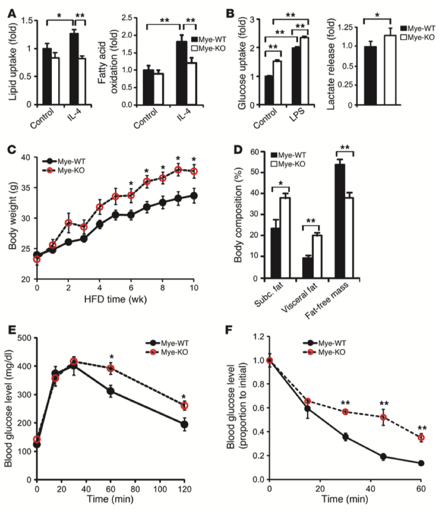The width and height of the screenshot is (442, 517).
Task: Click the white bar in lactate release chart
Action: (x=390, y=70)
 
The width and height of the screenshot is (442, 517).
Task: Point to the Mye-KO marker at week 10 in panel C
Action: (x=195, y=172)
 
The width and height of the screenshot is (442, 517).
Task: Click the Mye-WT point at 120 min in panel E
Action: (x=184, y=425)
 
